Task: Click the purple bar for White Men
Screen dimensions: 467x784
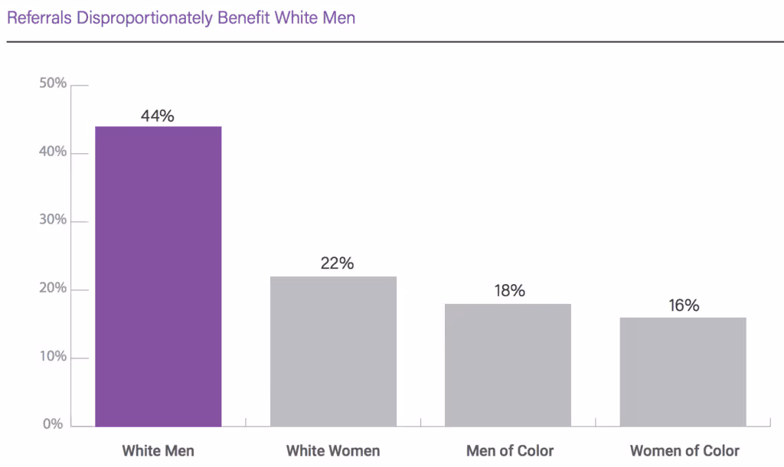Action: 158,276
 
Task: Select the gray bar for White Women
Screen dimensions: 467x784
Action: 333,351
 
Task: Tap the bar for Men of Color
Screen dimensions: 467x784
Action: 508,365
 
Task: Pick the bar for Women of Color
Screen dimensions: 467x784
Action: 683,372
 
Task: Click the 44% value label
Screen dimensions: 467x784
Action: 158,116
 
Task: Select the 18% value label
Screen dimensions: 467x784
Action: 508,291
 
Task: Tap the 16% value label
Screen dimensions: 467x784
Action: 683,305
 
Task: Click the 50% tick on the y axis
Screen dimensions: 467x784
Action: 53,83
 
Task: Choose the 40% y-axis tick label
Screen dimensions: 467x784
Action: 53,152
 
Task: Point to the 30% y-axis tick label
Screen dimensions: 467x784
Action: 53,220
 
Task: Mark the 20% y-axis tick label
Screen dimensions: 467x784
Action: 53,289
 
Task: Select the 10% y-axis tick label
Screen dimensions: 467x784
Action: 53,358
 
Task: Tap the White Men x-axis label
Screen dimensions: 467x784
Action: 158,450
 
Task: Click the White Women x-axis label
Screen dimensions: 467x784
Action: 333,450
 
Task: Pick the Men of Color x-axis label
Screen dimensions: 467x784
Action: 510,450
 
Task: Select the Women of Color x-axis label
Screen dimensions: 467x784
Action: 684,450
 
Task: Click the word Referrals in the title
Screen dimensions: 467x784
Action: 38,18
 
